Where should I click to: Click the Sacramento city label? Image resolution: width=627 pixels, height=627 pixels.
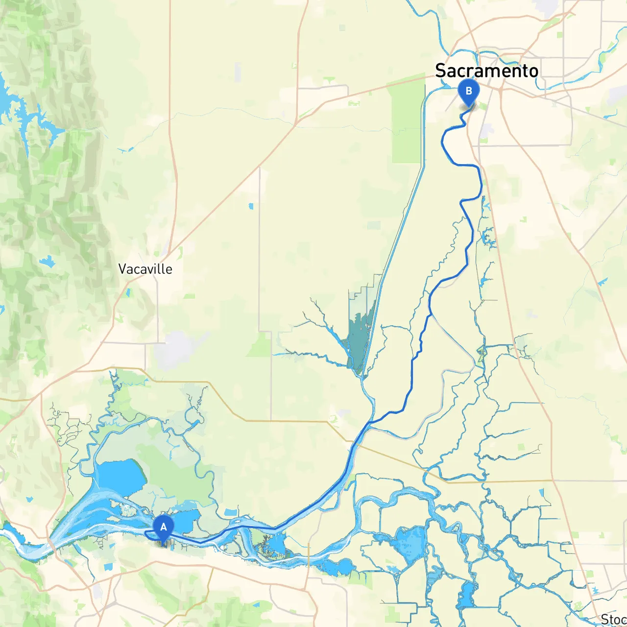click(486, 71)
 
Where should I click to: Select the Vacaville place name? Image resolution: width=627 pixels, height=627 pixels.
click(145, 269)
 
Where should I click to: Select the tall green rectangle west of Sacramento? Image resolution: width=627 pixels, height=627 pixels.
click(407, 122)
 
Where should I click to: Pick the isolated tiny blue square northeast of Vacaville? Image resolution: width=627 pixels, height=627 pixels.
click(251, 206)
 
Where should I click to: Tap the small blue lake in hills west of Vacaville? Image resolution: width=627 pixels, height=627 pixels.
click(48, 263)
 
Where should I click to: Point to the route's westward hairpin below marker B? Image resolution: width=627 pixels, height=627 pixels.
click(443, 142)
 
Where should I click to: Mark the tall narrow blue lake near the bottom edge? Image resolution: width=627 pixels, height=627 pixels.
click(467, 595)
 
